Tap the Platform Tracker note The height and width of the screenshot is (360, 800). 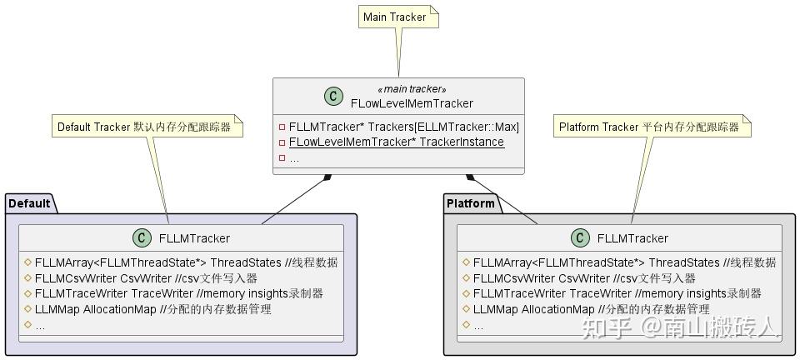(x=649, y=127)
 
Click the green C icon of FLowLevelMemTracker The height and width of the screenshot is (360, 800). (x=333, y=96)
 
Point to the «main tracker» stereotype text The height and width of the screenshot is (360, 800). (x=412, y=89)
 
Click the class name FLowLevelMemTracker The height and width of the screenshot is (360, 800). (x=412, y=103)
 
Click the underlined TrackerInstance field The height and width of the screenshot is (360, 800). (x=396, y=142)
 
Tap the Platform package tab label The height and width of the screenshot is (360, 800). (x=471, y=203)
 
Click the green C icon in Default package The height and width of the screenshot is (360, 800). (x=142, y=237)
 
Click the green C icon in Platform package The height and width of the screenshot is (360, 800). (x=580, y=237)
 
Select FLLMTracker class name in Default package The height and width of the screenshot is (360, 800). (x=194, y=238)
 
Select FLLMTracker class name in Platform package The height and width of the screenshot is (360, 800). (x=632, y=238)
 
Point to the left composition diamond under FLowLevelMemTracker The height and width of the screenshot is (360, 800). (x=327, y=177)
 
